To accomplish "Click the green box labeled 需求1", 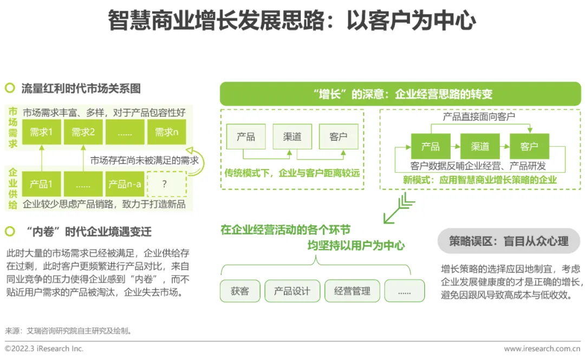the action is click(42, 132).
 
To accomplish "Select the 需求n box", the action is click(167, 132).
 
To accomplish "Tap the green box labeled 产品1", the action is click(42, 184).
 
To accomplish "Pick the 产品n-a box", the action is click(125, 184).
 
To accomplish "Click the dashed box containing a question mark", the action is click(166, 184).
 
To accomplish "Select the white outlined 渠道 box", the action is click(292, 137).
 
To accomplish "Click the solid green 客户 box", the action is click(529, 146).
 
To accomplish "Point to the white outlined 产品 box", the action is click(245, 137).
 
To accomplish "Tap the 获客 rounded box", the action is click(240, 291).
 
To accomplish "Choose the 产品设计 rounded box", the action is click(292, 291).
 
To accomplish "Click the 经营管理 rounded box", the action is click(352, 291).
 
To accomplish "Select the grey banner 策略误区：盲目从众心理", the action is click(509, 241).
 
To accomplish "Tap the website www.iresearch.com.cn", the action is click(542, 349).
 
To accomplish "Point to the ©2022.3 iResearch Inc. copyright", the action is click(44, 349).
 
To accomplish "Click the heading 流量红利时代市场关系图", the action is click(81, 88).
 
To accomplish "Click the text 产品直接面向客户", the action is click(479, 116).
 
